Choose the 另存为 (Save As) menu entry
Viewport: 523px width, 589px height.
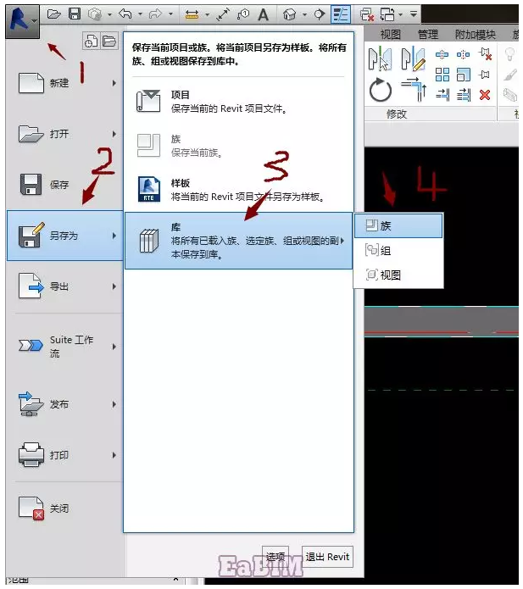63,236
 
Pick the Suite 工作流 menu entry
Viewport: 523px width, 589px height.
64,346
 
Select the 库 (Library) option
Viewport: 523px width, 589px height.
237,241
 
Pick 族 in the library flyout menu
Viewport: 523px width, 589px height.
398,225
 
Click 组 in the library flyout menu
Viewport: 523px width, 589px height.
398,250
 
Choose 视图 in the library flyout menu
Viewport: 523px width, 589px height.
398,275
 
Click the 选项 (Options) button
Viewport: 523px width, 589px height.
275,557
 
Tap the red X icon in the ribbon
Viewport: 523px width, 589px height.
485,95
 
